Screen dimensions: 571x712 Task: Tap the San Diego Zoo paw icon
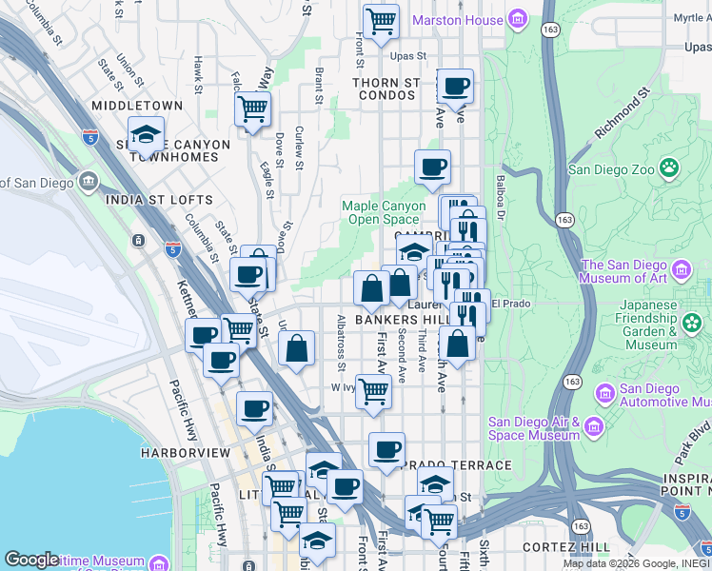coord(670,169)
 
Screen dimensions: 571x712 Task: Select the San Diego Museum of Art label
coord(629,271)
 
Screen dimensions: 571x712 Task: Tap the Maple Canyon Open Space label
coord(384,212)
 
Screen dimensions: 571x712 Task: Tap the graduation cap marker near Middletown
coord(146,134)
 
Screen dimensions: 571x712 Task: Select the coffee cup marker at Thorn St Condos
coord(456,86)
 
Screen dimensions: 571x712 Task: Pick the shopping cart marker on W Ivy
coord(374,390)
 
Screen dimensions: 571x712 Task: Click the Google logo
coord(31,560)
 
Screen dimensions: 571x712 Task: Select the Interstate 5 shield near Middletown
coord(90,137)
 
